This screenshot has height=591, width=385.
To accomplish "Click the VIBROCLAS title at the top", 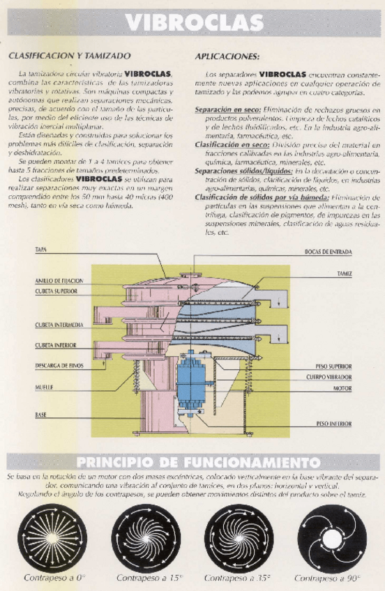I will pyautogui.click(x=195, y=22).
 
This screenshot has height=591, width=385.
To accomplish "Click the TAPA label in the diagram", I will pyautogui.click(x=40, y=249).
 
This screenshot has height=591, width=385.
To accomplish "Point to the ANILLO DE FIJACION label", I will pyautogui.click(x=59, y=280).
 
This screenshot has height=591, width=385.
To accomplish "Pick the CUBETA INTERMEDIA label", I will pyautogui.click(x=59, y=325).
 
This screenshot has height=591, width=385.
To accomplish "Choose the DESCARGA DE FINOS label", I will pyautogui.click(x=60, y=365).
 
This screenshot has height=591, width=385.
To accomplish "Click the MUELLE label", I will pyautogui.click(x=45, y=385).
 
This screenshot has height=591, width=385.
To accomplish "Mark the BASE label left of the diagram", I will pyautogui.click(x=41, y=415).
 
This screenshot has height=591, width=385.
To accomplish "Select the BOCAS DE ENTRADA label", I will pyautogui.click(x=328, y=251).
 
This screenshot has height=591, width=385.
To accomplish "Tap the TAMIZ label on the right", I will pyautogui.click(x=344, y=275).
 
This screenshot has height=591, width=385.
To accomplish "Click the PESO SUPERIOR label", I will pyautogui.click(x=333, y=366).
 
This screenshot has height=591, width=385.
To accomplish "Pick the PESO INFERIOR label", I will pyautogui.click(x=334, y=423).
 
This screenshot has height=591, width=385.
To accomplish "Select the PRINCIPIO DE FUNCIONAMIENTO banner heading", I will pyautogui.click(x=198, y=462).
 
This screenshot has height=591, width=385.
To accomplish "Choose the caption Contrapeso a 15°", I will pyautogui.click(x=146, y=578).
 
